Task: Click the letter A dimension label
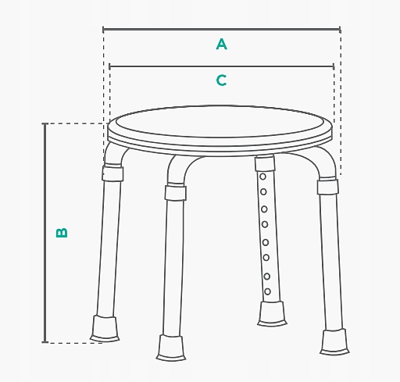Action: [222, 44]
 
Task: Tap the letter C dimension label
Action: [222, 80]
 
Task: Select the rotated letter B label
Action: [62, 233]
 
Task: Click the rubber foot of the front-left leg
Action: [171, 348]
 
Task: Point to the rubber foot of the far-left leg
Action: [105, 329]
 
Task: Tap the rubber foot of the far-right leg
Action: [334, 342]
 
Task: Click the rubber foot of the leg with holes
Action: [272, 314]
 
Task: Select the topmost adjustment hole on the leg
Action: [262, 177]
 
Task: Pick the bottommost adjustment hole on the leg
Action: [267, 291]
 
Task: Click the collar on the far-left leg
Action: [112, 173]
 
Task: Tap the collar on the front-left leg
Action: [175, 192]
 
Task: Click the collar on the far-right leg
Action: [328, 187]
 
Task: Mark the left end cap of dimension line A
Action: [103, 30]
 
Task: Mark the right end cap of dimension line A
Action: [340, 30]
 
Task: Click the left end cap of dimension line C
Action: [109, 66]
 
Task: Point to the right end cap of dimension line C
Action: [334, 66]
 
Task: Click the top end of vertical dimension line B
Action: [45, 123]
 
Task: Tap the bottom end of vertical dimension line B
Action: [45, 342]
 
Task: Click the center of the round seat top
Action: [220, 122]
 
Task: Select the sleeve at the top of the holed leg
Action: [265, 163]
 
